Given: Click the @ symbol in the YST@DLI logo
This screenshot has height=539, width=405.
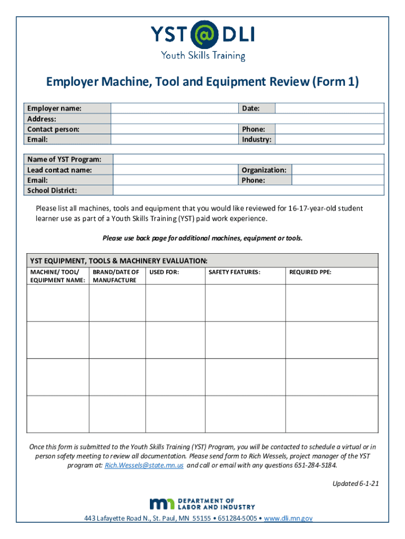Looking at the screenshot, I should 202,35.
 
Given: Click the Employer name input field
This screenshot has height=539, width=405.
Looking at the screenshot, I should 174,108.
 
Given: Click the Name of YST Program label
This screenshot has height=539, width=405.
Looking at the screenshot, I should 64,159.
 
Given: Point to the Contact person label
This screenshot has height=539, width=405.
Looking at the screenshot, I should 54,129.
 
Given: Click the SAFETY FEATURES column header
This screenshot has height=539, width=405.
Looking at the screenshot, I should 235,272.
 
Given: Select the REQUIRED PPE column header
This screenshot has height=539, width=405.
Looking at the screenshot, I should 310,272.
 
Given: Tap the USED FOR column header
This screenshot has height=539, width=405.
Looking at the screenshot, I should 164,272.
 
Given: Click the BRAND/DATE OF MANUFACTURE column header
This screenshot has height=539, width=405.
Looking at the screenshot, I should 116,276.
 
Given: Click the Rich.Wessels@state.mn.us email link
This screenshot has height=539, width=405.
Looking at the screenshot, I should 144,466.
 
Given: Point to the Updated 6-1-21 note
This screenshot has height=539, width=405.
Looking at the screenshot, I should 355,484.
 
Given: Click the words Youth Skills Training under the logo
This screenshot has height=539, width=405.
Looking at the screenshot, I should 202,56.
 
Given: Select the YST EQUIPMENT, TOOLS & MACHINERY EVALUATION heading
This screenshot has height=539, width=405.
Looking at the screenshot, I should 119,261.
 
